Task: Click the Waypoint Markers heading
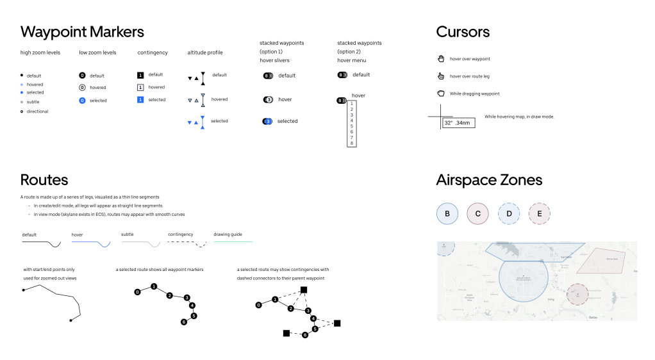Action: point(82,32)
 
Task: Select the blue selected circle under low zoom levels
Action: point(82,101)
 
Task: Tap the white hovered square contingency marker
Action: point(141,87)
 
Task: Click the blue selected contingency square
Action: point(141,100)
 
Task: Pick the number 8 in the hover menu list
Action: point(352,143)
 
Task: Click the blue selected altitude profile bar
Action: point(203,122)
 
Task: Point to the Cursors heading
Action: point(463,32)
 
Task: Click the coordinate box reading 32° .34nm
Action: point(458,122)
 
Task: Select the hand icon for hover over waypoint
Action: point(441,59)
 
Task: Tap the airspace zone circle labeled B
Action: point(447,213)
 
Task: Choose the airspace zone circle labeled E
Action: point(540,213)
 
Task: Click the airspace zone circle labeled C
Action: point(478,213)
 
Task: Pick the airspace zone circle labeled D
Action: point(509,213)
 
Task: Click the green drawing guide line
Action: point(233,241)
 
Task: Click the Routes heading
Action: point(44,179)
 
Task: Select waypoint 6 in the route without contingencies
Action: point(183,322)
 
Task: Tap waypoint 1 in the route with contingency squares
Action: point(275,299)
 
